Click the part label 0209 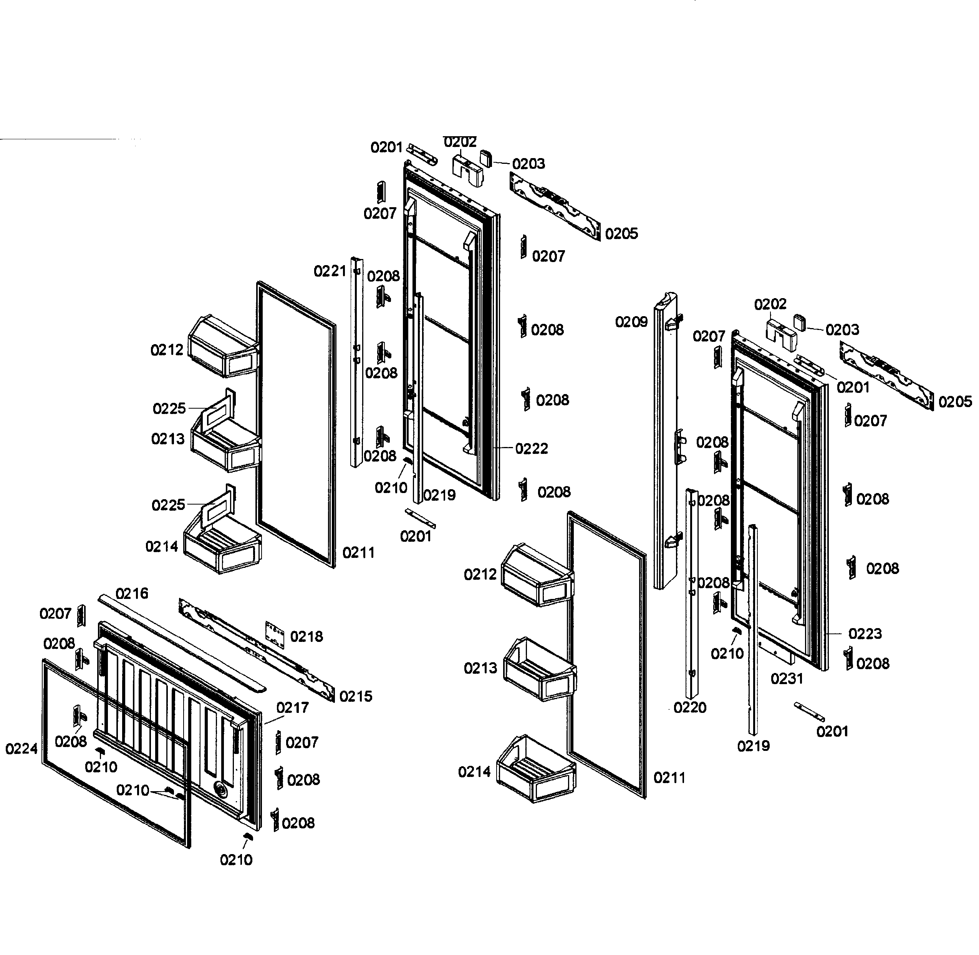[x=631, y=322]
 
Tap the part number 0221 [x=330, y=271]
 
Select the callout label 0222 [x=531, y=449]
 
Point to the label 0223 [x=865, y=633]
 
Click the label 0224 [x=22, y=749]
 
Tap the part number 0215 [x=355, y=696]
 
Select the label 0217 [x=292, y=708]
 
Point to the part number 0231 [x=787, y=679]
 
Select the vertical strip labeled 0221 [x=356, y=361]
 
